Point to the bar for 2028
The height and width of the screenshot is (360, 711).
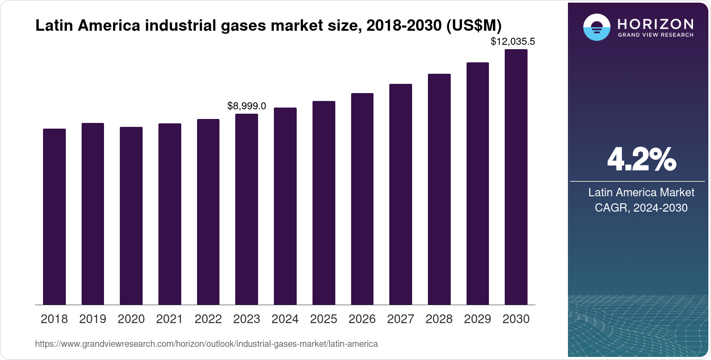(x=439, y=189)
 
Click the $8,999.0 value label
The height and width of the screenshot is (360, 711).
(x=247, y=106)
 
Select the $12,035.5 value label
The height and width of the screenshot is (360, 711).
(x=513, y=42)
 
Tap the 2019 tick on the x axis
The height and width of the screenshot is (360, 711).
(x=93, y=319)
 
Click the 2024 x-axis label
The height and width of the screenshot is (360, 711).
(x=285, y=319)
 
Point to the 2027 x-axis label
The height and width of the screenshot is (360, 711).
(x=401, y=319)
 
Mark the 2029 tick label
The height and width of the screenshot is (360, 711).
(x=478, y=319)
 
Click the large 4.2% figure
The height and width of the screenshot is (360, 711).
(x=641, y=160)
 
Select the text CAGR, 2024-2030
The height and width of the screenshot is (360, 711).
(x=641, y=208)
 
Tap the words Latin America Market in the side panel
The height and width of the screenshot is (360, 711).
(x=641, y=192)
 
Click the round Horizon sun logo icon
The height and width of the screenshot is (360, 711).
(x=596, y=28)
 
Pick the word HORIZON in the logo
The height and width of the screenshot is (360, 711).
(x=656, y=24)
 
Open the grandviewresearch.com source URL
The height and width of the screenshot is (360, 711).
(x=206, y=344)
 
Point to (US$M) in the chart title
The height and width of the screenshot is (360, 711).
(x=474, y=25)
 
